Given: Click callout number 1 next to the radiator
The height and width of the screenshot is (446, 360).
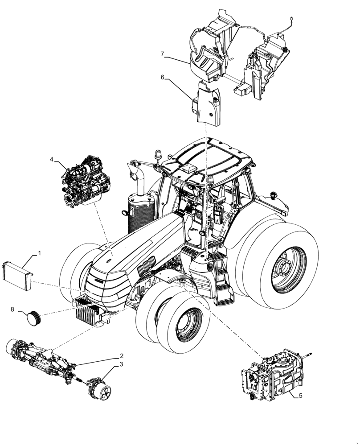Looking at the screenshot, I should click(x=40, y=253).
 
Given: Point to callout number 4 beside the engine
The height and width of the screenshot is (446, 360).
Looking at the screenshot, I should click(x=52, y=159).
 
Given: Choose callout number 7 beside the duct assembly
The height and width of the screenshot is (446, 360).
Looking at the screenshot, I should click(x=163, y=54).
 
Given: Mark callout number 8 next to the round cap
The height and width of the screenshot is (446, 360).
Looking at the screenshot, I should click(x=12, y=309).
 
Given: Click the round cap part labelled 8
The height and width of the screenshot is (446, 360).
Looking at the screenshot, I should click(x=34, y=318).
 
